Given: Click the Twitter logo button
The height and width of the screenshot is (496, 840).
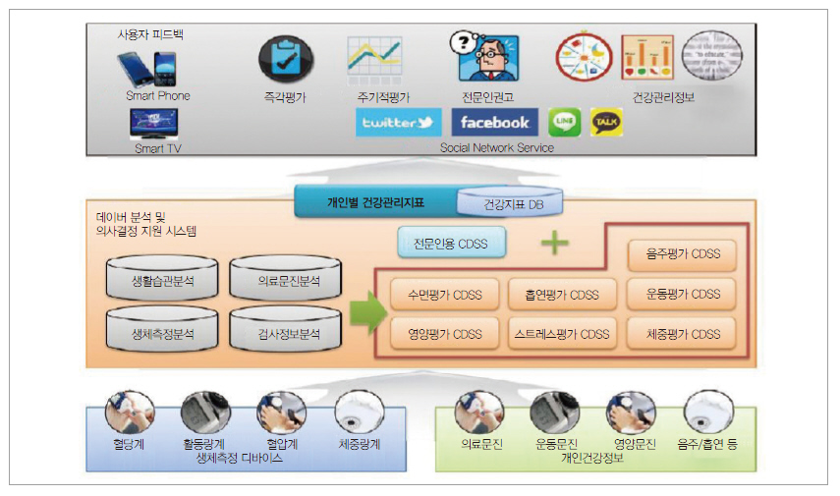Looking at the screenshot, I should pyautogui.click(x=398, y=123).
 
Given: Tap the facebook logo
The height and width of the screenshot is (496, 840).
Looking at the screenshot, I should pyautogui.click(x=494, y=123).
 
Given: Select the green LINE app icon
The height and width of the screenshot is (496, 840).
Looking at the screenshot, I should pyautogui.click(x=565, y=122).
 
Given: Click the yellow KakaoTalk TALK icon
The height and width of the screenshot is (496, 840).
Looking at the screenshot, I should pyautogui.click(x=605, y=122).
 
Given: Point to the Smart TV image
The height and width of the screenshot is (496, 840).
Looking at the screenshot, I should pyautogui.click(x=154, y=124).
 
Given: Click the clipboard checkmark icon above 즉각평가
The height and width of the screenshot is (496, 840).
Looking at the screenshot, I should pyautogui.click(x=286, y=59).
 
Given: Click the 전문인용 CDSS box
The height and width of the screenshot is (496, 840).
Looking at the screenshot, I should pyautogui.click(x=444, y=243).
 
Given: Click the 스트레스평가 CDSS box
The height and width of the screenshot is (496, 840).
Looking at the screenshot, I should pyautogui.click(x=561, y=334).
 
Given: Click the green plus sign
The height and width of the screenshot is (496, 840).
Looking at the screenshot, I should pyautogui.click(x=555, y=243).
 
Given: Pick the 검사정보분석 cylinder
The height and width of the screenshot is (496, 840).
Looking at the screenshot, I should pyautogui.click(x=286, y=333).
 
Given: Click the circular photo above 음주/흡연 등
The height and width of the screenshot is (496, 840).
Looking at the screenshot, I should pyautogui.click(x=707, y=413).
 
